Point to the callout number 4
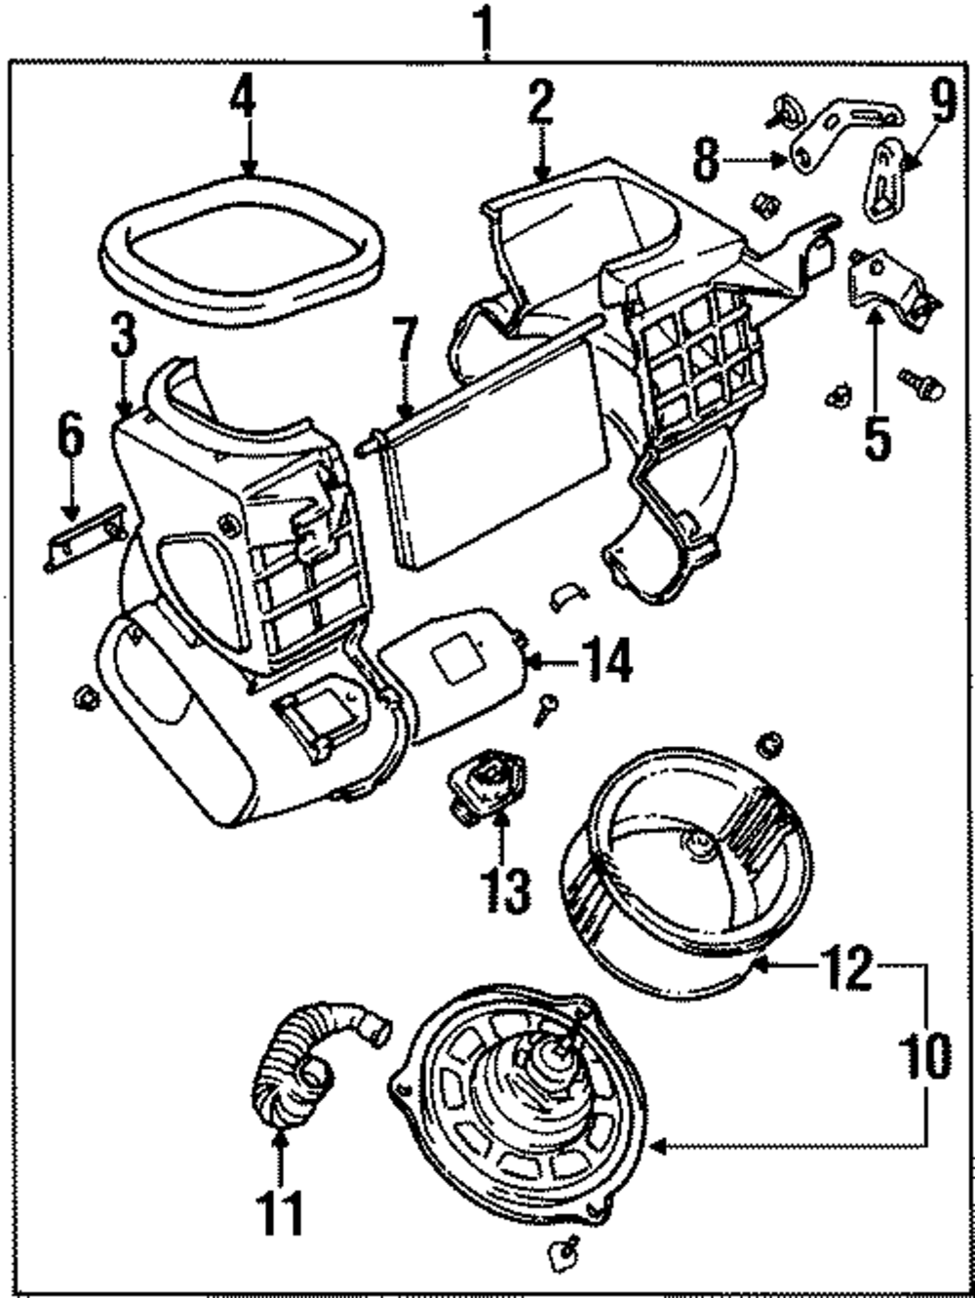coord(244,99)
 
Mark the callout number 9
coord(942,101)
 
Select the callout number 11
coord(280,1212)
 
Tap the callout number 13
coord(505,888)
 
